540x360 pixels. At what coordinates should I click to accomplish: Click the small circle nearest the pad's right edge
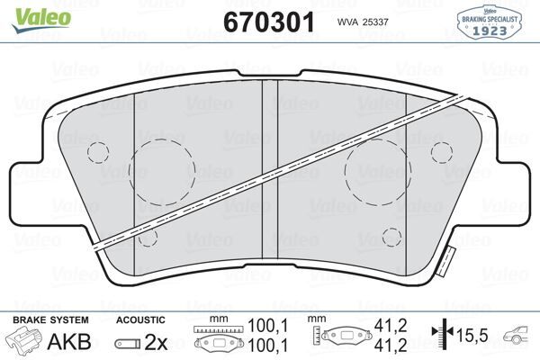(x=441, y=150)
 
